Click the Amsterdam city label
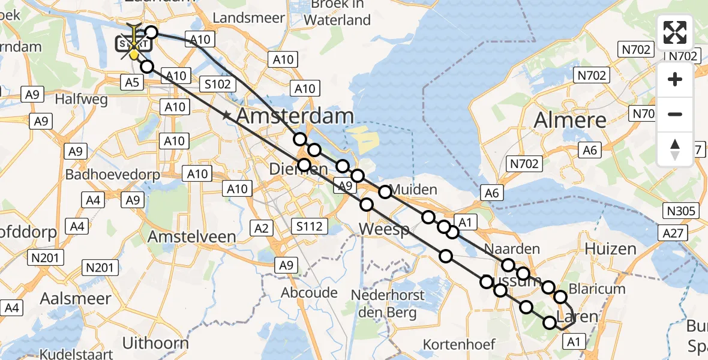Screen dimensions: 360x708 [x=295, y=116]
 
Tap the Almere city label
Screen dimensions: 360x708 [x=570, y=120]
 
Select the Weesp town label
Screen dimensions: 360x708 [x=384, y=229]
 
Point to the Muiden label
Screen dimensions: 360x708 [x=413, y=190]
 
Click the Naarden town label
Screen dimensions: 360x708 [x=512, y=249]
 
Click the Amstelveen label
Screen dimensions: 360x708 [x=191, y=236]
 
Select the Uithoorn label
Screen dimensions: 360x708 [x=155, y=343]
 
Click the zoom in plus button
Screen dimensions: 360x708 [x=675, y=80]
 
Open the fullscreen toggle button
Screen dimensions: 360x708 [x=675, y=32]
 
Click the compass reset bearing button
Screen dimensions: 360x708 [x=675, y=149]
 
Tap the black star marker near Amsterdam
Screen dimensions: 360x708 [x=226, y=115]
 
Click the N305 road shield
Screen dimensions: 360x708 [x=680, y=211]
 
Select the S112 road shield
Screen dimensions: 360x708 [x=310, y=226]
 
